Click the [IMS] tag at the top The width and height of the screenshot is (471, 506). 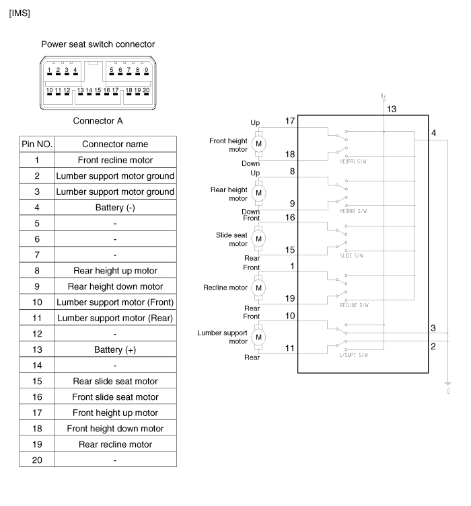click(x=20, y=13)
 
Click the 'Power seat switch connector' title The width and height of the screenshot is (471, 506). click(x=98, y=44)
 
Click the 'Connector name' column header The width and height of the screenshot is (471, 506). click(x=115, y=144)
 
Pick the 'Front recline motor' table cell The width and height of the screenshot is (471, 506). click(x=115, y=160)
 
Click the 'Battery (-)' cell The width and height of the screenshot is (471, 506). click(x=115, y=208)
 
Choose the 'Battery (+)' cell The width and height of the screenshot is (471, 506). click(x=115, y=349)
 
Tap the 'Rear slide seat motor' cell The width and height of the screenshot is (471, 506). click(x=115, y=381)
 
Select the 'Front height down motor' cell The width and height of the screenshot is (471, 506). click(x=115, y=428)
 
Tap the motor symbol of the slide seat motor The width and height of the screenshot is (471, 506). click(x=258, y=239)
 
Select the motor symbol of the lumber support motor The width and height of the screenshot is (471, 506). click(x=258, y=335)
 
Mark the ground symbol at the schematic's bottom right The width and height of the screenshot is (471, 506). click(x=448, y=386)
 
